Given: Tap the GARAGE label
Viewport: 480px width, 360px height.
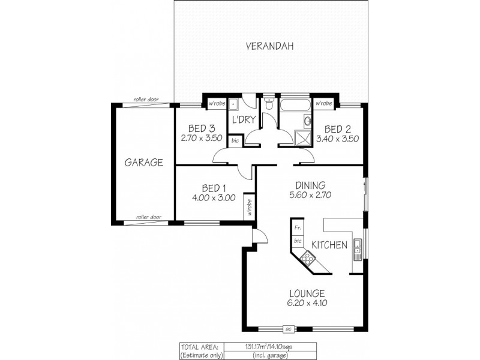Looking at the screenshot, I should pos(144,162).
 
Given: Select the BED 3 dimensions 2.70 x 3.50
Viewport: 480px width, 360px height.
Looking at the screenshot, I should pos(202,137).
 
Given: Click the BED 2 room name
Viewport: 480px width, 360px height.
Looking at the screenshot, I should pos(337,128).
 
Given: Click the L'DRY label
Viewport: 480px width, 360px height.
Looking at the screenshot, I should pos(244,120).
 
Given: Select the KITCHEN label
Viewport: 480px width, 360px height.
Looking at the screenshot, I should pos(329,245).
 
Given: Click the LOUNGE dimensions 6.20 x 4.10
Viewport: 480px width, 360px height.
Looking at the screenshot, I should pos(307,303).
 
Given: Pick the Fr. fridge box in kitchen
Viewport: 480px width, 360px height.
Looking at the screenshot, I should pos(298,227).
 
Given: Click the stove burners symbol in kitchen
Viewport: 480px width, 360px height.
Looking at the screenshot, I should pos(308,259).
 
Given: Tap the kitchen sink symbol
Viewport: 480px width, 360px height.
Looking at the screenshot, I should pos(357,246).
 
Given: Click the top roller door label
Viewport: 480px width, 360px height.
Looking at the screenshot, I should pos(146,100).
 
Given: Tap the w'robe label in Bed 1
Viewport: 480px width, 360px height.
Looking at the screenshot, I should pos(247,208).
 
